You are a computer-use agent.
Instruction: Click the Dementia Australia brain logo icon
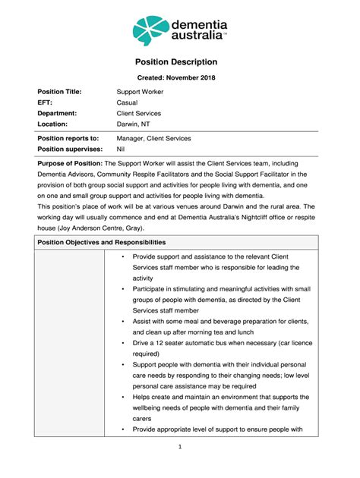[151, 30]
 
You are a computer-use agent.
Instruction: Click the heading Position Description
[179, 62]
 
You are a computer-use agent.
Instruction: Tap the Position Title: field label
[59, 92]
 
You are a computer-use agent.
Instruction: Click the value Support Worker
[139, 92]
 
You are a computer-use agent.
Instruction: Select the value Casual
[127, 102]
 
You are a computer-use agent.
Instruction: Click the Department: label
[58, 113]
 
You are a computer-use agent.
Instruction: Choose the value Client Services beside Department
[138, 113]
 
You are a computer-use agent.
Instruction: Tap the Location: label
[53, 124]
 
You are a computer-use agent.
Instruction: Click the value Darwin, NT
[134, 124]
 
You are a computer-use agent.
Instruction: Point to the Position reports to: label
[68, 139]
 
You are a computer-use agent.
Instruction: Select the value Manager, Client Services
[153, 139]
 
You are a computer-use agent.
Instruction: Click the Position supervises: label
[70, 149]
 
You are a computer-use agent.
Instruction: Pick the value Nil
[121, 149]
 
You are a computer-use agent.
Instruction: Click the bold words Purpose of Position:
[70, 163]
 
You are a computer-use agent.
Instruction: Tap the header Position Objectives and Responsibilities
[102, 242]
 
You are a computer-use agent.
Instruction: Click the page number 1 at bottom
[179, 447]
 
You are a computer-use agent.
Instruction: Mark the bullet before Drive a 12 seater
[123, 343]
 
